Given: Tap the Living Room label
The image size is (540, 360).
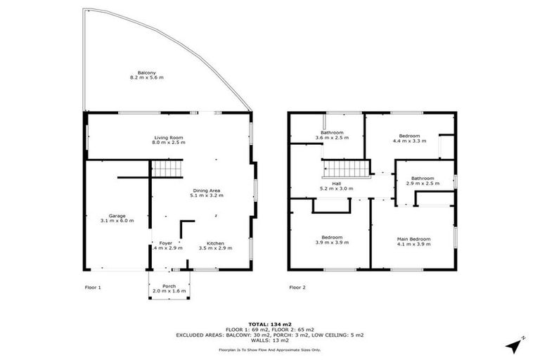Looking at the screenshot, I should coord(169,137).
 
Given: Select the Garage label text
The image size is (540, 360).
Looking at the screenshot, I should coord(117,216).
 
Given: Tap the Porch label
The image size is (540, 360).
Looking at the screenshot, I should coord(169,285).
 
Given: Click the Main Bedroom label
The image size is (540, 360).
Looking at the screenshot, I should coord(413,239).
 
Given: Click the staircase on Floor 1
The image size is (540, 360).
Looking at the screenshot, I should coord(168,169).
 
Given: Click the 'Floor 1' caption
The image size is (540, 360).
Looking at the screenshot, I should coord(93,287).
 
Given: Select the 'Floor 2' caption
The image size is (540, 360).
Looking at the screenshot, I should coord(297,287).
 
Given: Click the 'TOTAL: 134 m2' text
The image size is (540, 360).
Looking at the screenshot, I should coord(270,324).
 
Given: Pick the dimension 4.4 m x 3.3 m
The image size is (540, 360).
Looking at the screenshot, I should coord(409,141).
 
